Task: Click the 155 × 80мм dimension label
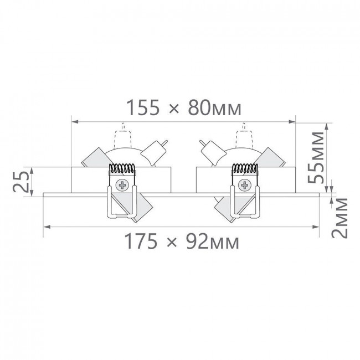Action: pos(184,107)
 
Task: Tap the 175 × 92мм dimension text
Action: pos(182,241)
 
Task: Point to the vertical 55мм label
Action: pos(316,157)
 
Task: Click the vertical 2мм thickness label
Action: pos(340,218)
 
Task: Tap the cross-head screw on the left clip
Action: pos(122,185)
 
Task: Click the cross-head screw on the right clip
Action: pos(245,185)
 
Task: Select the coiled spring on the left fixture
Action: pos(122,168)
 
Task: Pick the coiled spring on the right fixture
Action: pos(245,168)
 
